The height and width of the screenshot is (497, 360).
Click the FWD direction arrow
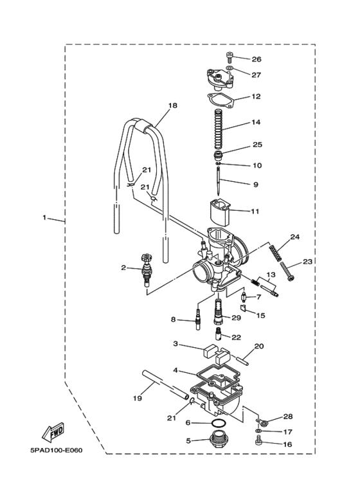[54, 433]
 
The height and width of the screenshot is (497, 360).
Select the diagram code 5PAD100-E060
[57, 450]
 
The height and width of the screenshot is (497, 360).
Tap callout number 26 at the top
[256, 59]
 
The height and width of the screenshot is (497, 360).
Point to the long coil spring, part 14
[218, 129]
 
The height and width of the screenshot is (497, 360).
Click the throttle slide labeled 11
[219, 212]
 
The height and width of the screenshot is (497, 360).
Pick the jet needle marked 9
[218, 181]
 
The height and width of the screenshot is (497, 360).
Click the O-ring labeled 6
[219, 423]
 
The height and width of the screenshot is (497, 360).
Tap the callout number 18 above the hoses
[173, 105]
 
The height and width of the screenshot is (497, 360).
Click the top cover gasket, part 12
[221, 100]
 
